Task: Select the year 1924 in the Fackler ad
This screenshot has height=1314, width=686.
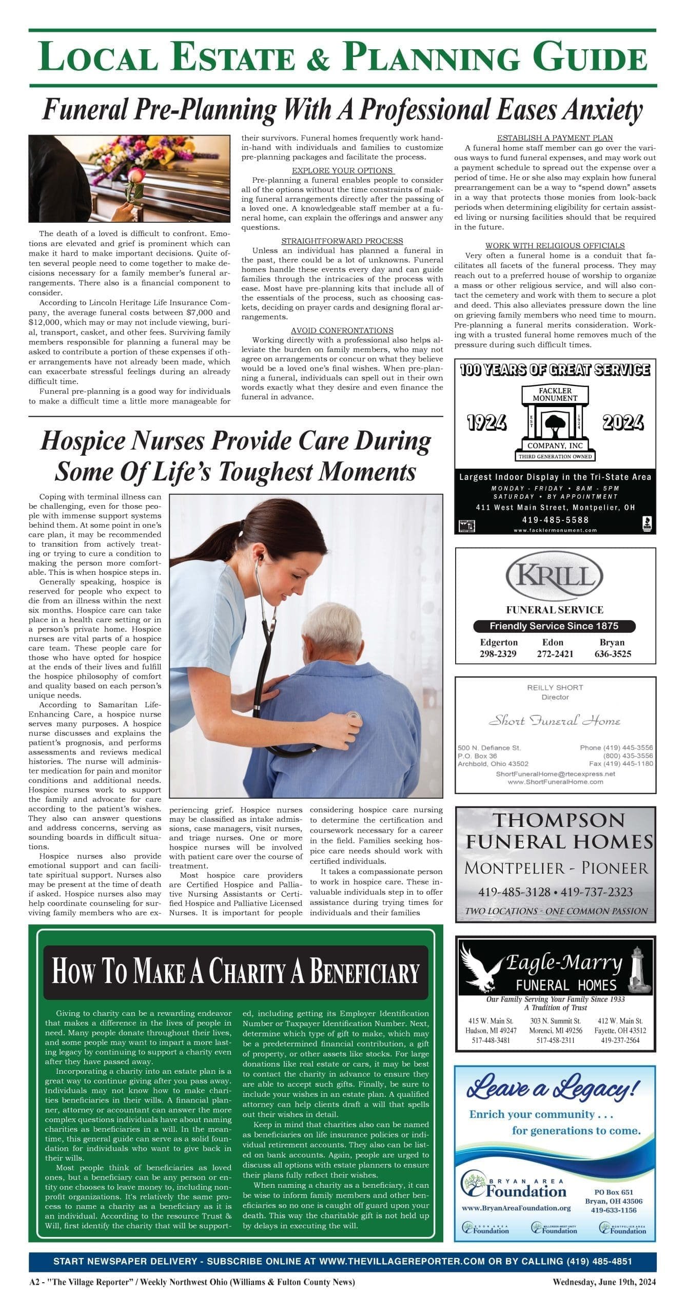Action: click(x=486, y=423)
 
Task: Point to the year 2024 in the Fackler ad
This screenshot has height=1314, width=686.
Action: click(x=623, y=423)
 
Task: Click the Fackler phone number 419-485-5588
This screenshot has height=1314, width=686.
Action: click(x=555, y=520)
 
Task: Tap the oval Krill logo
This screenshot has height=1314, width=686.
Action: click(x=555, y=575)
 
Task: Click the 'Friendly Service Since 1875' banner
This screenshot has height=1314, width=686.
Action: click(x=554, y=626)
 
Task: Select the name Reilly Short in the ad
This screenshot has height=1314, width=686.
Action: click(x=555, y=687)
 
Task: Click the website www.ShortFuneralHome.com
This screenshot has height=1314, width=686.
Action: click(x=555, y=782)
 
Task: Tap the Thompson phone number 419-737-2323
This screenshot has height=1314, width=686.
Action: click(x=597, y=892)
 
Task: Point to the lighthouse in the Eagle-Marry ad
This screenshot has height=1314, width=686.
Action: click(x=641, y=969)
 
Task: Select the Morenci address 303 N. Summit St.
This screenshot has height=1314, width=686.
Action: click(x=555, y=1021)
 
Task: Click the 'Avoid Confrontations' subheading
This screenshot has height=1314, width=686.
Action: click(x=342, y=331)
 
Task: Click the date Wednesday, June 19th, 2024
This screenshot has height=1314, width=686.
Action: click(x=604, y=1297)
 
